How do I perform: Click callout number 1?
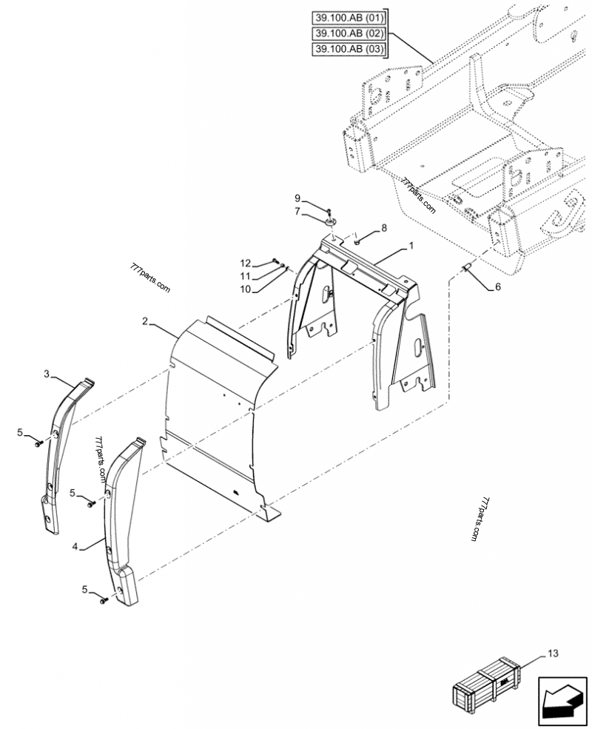coord(411,245)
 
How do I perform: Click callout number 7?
coord(297,212)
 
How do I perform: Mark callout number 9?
coord(297,198)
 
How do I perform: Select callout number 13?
coord(554,654)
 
